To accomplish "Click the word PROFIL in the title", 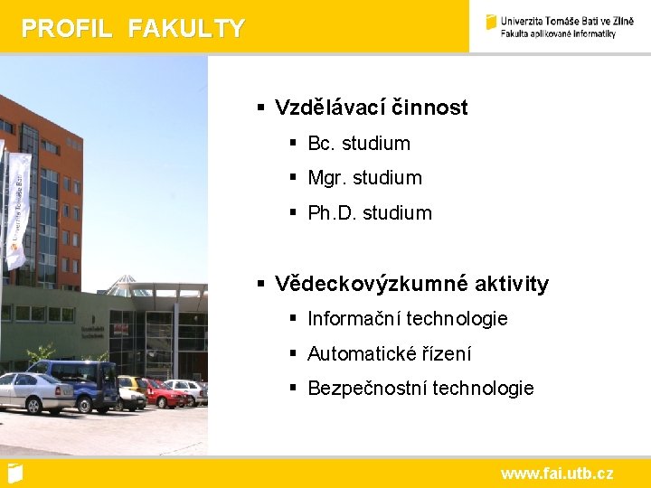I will click(x=66, y=29).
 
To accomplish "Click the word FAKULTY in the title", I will click(x=186, y=29).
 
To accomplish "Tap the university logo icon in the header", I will click(x=491, y=23).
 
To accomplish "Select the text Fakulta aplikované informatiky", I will click(x=558, y=34).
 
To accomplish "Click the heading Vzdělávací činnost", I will click(x=371, y=108).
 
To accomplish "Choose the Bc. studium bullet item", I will click(x=359, y=144).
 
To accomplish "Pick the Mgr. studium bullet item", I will click(x=364, y=178).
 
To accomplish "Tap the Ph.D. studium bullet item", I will click(x=370, y=213).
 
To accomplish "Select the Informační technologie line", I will click(x=407, y=319).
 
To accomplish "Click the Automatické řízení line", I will click(x=389, y=354).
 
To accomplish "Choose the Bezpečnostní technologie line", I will click(x=420, y=389).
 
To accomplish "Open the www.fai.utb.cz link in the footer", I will click(x=557, y=474).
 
